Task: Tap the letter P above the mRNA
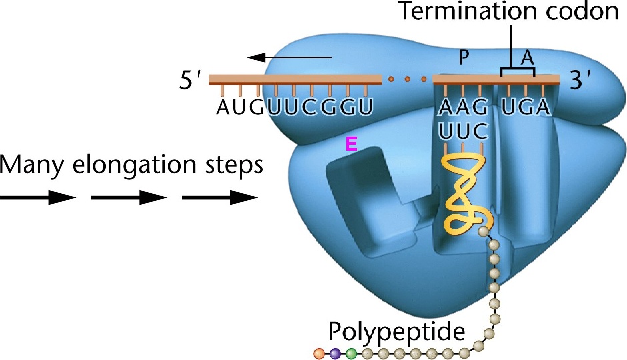[464, 59]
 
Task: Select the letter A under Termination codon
[527, 59]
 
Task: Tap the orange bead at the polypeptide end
[320, 351]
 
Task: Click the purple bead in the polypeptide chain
[336, 351]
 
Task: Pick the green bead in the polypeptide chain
[352, 351]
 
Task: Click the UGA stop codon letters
[527, 107]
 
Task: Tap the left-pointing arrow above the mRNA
[293, 57]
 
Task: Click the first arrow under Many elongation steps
[37, 197]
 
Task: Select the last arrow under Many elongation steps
[220, 197]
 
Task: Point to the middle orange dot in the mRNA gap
[407, 80]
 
